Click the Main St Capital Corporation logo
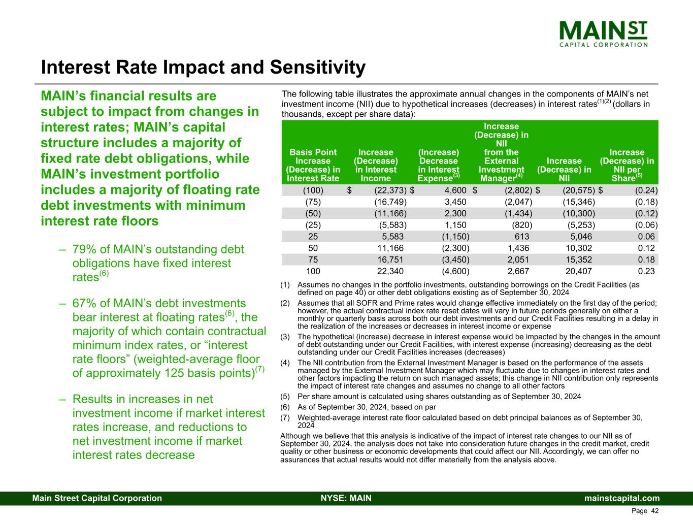(604, 34)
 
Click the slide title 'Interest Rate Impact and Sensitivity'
(203, 68)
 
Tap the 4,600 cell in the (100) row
(455, 190)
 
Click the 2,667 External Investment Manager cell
(518, 271)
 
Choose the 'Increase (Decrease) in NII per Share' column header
(626, 165)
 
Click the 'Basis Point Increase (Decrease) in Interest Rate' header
(313, 165)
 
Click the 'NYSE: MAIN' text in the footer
(346, 498)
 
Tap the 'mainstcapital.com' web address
(622, 498)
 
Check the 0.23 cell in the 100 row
(646, 271)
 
